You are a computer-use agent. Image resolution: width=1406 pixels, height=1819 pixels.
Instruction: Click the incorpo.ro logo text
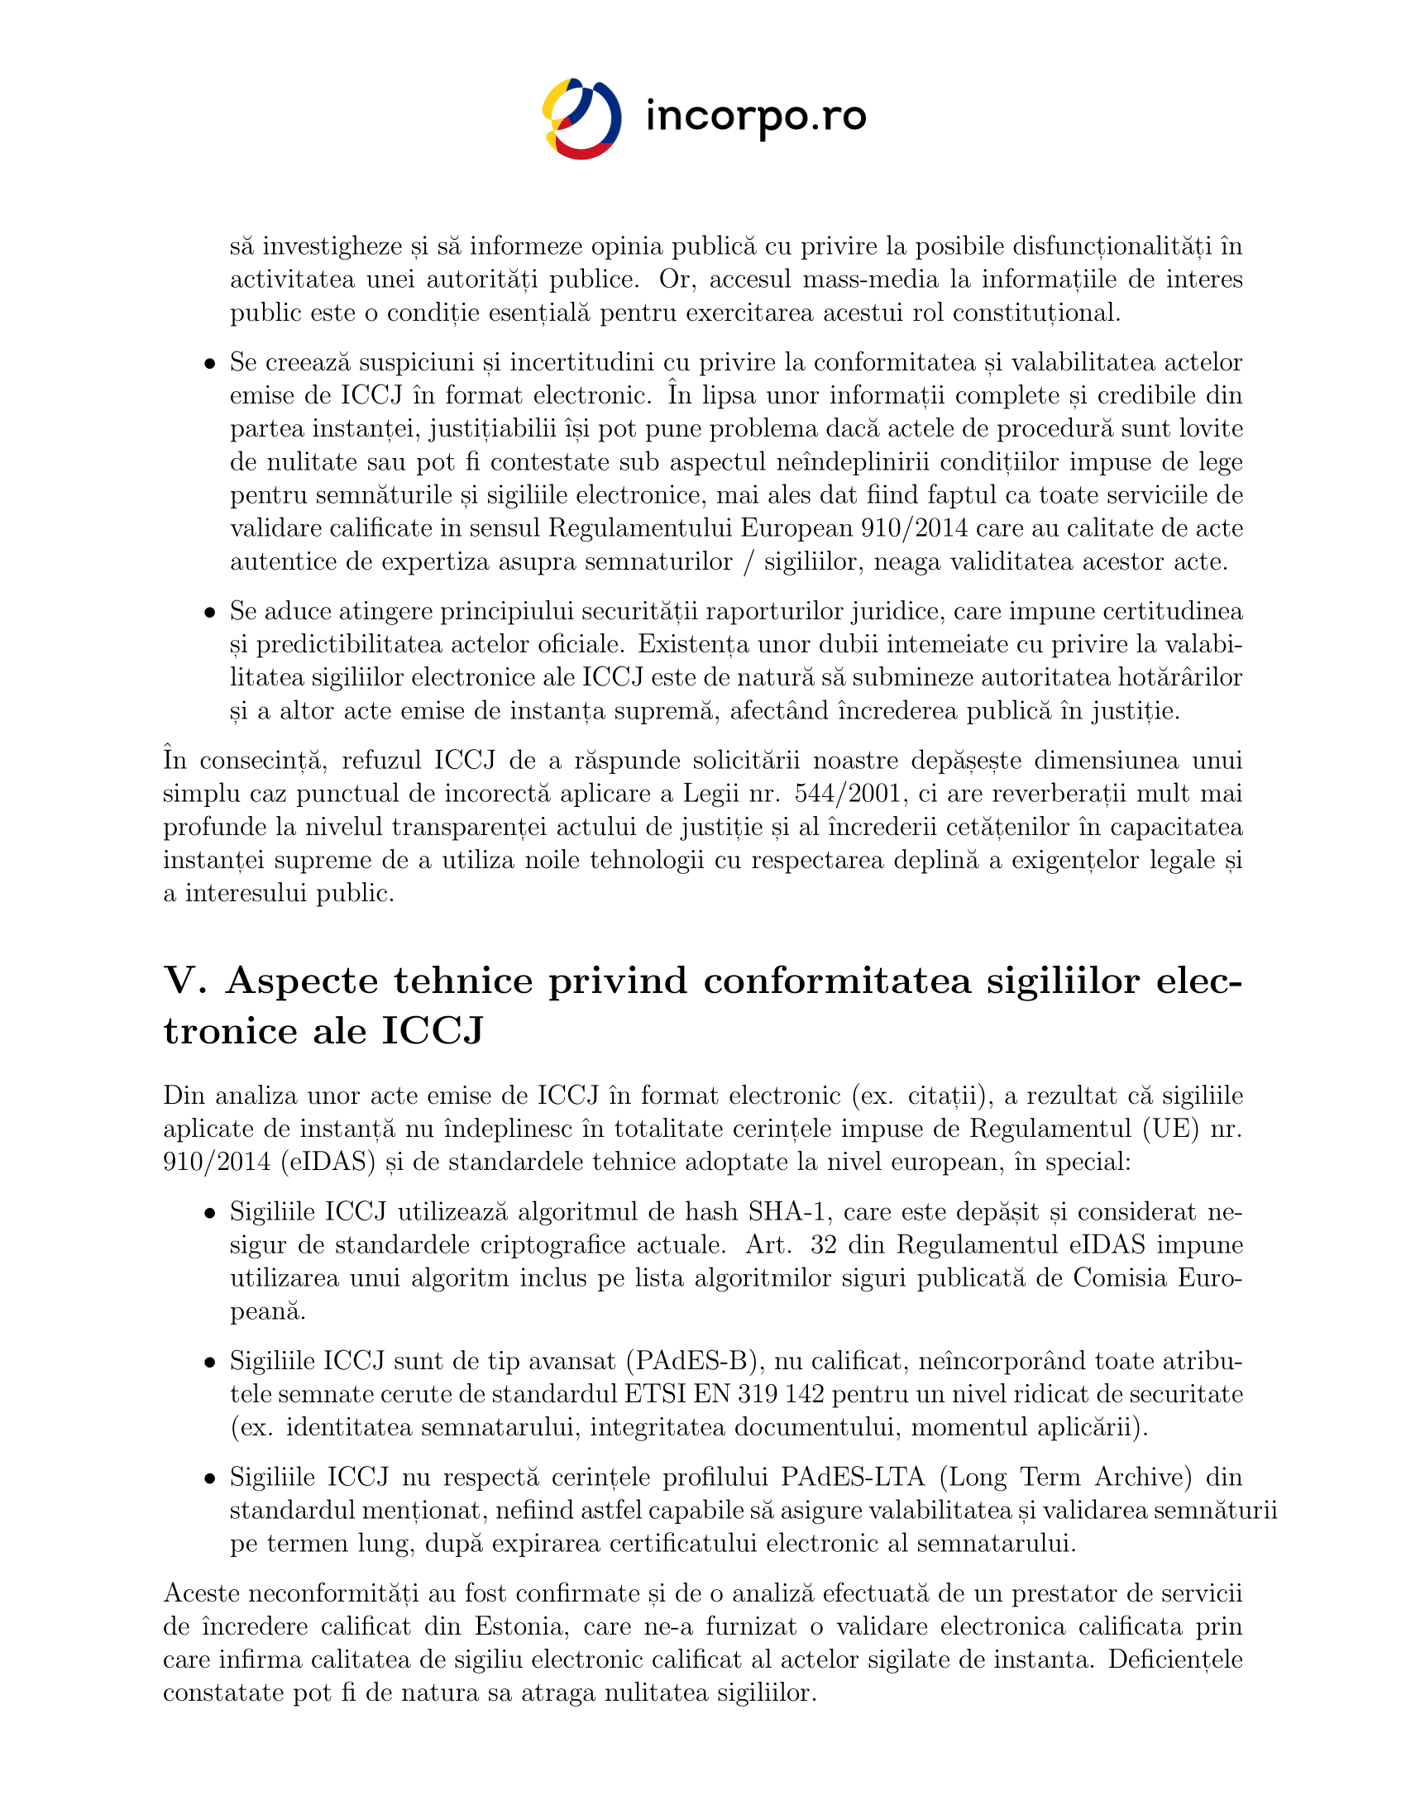point(755,117)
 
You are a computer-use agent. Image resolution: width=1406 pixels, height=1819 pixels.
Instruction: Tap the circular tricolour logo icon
point(581,118)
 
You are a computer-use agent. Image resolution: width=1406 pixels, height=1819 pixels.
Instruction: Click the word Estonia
point(519,1626)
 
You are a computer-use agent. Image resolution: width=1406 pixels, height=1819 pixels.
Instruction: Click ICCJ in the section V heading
point(433,1031)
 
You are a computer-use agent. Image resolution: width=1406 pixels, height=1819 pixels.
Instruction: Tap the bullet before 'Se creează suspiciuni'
point(211,364)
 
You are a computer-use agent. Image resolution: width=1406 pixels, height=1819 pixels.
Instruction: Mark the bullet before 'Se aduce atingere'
point(211,613)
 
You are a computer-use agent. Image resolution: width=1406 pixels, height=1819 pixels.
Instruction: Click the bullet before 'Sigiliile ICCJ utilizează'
point(211,1214)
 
